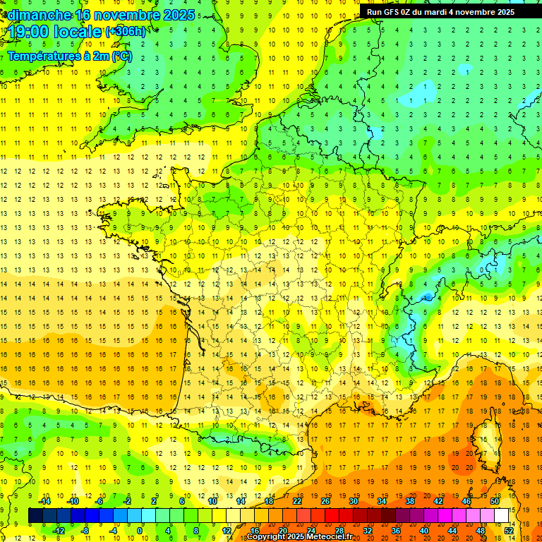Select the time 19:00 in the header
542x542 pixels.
coord(30,32)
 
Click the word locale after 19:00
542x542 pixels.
coord(79,32)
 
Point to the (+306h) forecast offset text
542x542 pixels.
coord(126,32)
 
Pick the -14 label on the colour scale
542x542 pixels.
coord(44,501)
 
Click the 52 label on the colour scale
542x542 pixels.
coord(508,530)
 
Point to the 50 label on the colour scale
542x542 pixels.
coord(494,501)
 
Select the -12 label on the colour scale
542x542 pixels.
coord(59,530)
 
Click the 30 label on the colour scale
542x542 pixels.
coord(353,501)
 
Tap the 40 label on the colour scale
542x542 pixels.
coord(423,530)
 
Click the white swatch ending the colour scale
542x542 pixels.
coord(501,516)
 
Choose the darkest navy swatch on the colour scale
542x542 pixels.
coord(35,516)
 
